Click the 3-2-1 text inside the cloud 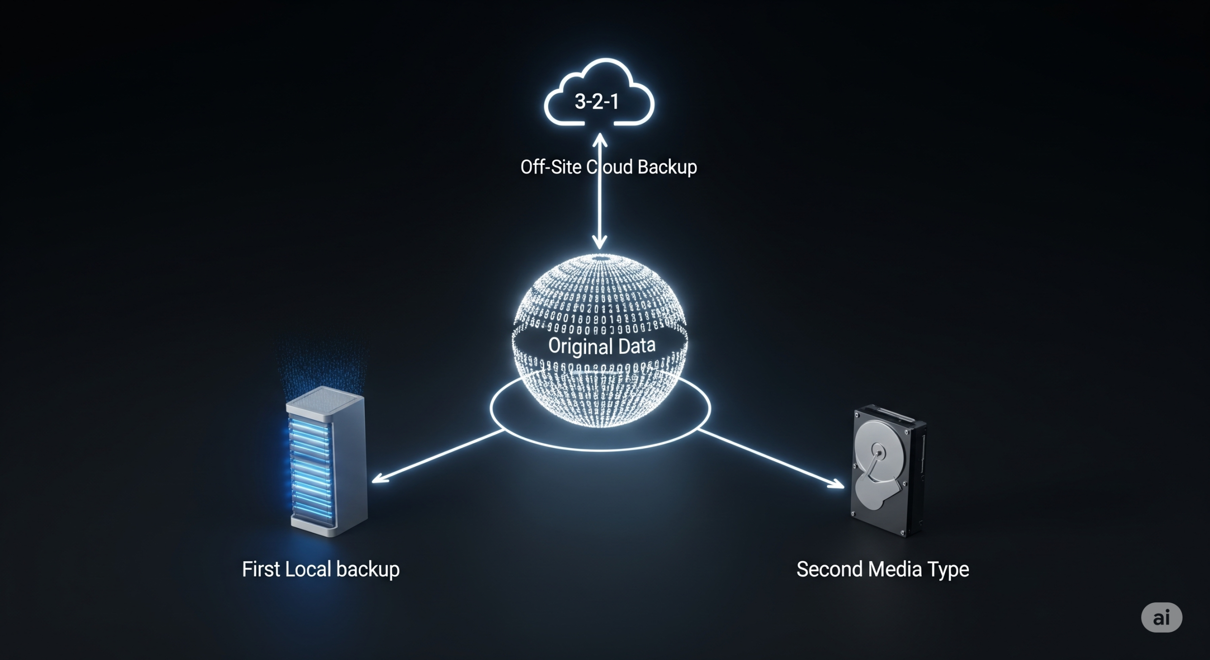click(596, 102)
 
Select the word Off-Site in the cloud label click(551, 167)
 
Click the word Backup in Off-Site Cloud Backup click(667, 167)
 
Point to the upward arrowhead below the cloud click(600, 139)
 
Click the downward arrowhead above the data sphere click(600, 243)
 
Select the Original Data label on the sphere click(602, 346)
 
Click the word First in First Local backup click(261, 569)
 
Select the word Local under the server click(309, 569)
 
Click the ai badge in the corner click(1161, 617)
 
